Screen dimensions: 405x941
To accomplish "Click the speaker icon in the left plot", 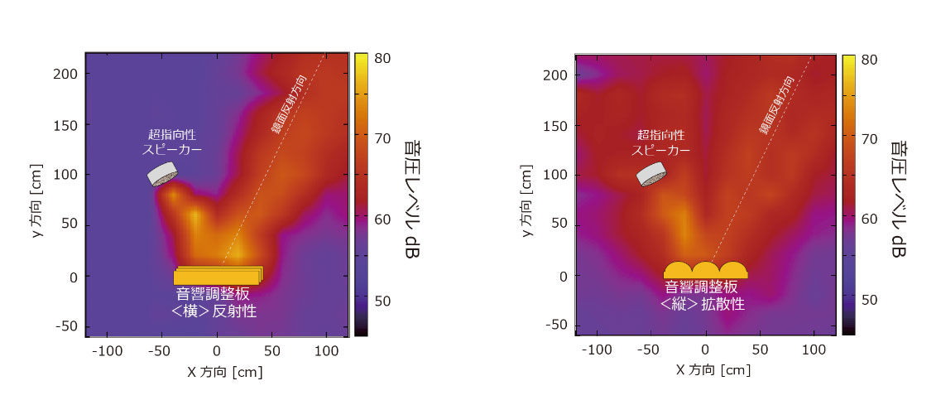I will click(164, 174).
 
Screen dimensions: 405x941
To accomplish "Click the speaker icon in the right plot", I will click(652, 174).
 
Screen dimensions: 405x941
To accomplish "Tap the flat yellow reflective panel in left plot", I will click(218, 276).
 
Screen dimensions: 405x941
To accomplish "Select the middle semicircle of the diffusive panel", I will click(705, 271).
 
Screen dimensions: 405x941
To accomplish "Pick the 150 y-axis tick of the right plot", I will click(555, 124).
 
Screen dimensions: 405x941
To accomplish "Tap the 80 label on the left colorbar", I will click(382, 59).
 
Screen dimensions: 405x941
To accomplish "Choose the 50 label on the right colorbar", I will click(871, 300).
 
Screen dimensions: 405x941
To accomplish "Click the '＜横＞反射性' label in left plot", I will click(214, 311).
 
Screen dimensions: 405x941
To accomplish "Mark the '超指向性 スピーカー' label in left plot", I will click(172, 142).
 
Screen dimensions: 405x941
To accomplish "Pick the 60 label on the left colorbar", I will click(382, 219).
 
